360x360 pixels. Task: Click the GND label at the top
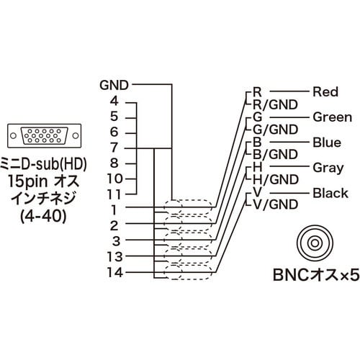pyautogui.click(x=115, y=85)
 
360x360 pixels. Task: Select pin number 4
pyautogui.click(x=114, y=101)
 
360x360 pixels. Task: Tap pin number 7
pyautogui.click(x=114, y=148)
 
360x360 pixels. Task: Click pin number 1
pyautogui.click(x=114, y=210)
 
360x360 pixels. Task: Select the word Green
pyautogui.click(x=332, y=117)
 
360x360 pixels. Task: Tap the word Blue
pyautogui.click(x=326, y=142)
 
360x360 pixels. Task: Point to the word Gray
pyautogui.click(x=327, y=167)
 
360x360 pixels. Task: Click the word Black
pyautogui.click(x=329, y=192)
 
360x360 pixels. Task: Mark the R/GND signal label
pyautogui.click(x=274, y=104)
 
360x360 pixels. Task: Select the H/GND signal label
pyautogui.click(x=274, y=179)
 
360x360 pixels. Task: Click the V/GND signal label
pyautogui.click(x=274, y=205)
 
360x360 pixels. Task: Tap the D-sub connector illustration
pyautogui.click(x=42, y=135)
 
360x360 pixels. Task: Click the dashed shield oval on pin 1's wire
pyautogui.click(x=189, y=209)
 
